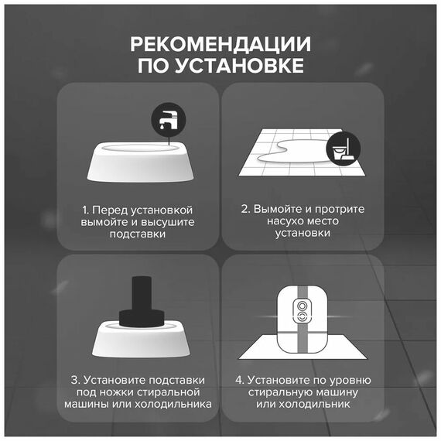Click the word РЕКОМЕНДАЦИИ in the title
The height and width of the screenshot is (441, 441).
pyautogui.click(x=220, y=44)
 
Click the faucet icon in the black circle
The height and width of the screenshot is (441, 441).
pyautogui.click(x=169, y=120)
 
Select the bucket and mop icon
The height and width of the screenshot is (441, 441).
pyautogui.click(x=343, y=149)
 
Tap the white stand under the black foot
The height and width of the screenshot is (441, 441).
pyautogui.click(x=141, y=341)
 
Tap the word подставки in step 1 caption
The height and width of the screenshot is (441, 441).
pyautogui.click(x=138, y=234)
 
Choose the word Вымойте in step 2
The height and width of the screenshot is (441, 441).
pyautogui.click(x=278, y=209)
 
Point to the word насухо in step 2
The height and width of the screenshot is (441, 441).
pyautogui.click(x=282, y=221)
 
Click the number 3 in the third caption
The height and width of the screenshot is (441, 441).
pyautogui.click(x=74, y=380)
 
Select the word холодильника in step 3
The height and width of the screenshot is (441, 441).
pyautogui.click(x=173, y=404)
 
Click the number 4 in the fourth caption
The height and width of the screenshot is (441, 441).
pyautogui.click(x=239, y=380)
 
